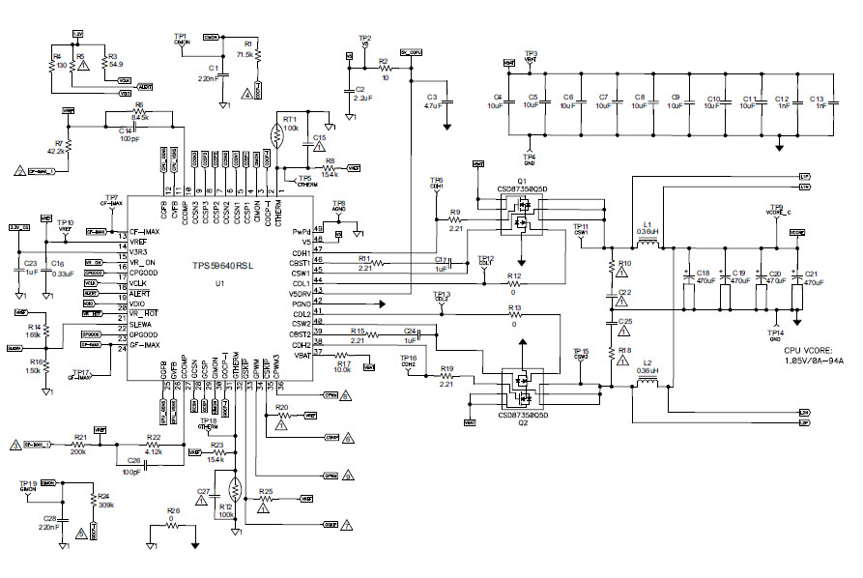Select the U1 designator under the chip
(219, 283)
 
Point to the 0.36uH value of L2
(648, 371)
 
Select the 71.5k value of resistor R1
(245, 55)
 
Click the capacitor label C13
(817, 99)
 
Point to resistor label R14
(34, 328)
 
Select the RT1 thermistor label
(289, 118)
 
